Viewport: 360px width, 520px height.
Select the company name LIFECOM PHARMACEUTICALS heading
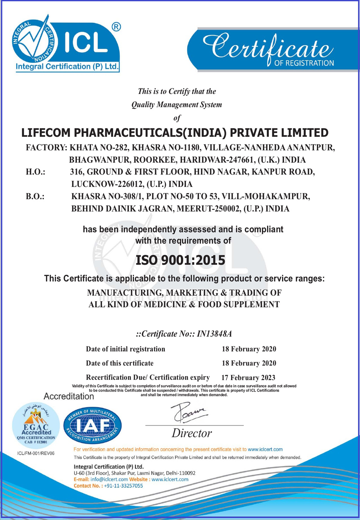coord(175,132)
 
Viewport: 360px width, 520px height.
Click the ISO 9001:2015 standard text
coord(180,261)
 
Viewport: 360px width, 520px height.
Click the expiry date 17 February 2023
coord(248,377)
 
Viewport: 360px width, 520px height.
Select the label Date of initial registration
coord(126,349)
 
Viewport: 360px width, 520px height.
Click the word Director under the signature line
coord(192,433)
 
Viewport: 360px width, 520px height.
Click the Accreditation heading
coord(68,397)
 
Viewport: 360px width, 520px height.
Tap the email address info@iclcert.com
coord(109,479)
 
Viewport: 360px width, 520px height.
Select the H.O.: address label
coord(35,172)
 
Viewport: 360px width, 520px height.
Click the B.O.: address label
coord(35,197)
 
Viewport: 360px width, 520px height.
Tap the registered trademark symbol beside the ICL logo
coord(116,28)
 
